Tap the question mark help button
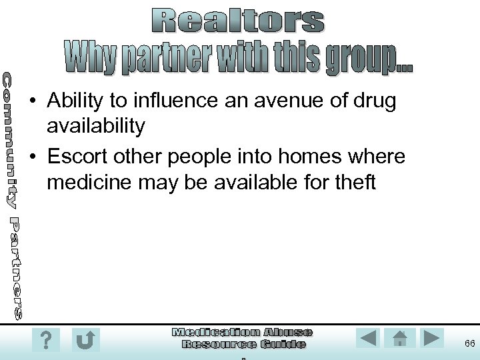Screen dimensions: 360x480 pos(45,340)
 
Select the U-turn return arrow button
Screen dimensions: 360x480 pos(85,340)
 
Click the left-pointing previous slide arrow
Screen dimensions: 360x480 pos(367,338)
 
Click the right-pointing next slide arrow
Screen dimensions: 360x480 pos(431,338)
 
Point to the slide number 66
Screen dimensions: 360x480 pos(469,343)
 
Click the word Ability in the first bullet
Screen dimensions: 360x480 pos(75,101)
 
